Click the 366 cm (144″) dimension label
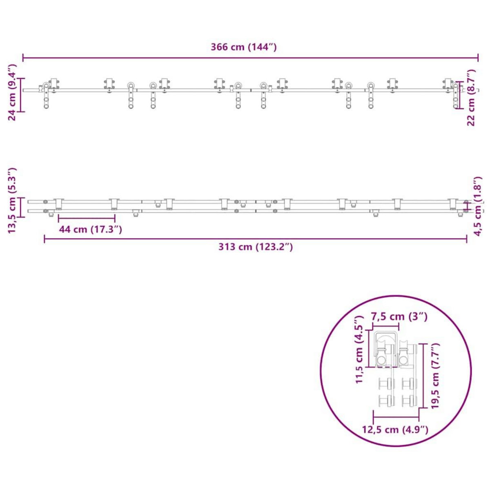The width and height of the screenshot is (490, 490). click(x=244, y=47)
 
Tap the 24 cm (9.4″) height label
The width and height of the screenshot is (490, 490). click(x=12, y=92)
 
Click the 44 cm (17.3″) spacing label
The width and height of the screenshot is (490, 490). click(x=90, y=229)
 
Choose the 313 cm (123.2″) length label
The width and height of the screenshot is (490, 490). click(x=255, y=247)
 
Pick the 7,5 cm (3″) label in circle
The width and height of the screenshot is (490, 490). click(x=399, y=316)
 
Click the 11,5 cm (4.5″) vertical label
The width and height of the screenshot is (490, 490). click(x=359, y=349)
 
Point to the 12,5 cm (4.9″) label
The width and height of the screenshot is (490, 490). click(x=395, y=430)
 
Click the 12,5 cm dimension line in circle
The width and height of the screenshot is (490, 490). click(x=396, y=417)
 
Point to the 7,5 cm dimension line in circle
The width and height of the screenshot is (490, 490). click(x=385, y=327)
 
